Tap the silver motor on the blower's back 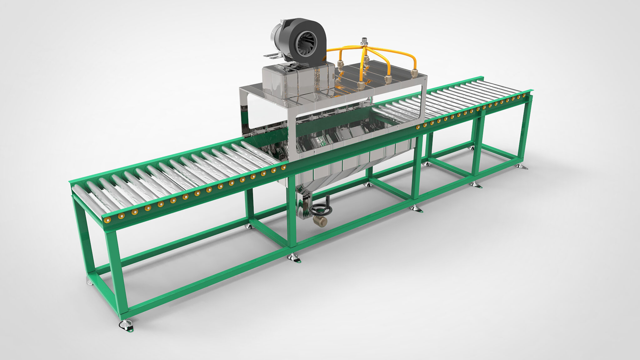[x=277, y=34]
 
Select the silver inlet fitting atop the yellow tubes [x=364, y=41]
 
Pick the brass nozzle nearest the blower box [x=340, y=65]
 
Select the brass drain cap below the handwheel [x=321, y=221]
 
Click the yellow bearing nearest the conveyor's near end [x=107, y=220]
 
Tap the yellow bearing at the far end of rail [x=524, y=95]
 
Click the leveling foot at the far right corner [x=521, y=166]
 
